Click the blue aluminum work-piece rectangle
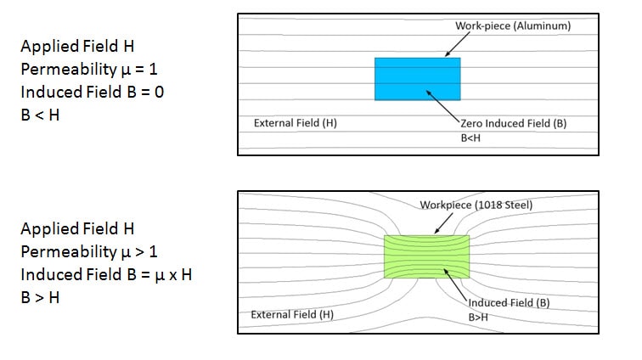click(x=417, y=79)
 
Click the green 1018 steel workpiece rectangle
click(x=425, y=256)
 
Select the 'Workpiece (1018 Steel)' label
click(x=469, y=205)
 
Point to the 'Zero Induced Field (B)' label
click(x=513, y=123)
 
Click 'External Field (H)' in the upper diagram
click(x=296, y=123)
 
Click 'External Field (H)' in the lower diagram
click(x=292, y=314)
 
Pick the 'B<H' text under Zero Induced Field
click(x=470, y=137)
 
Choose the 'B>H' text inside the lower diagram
click(x=480, y=317)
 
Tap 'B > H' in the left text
click(x=40, y=297)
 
